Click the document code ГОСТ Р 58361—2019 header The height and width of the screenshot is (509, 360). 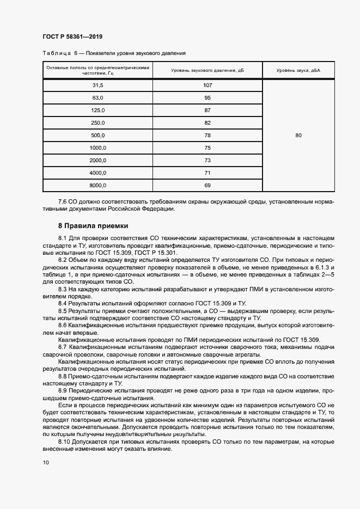tap(72, 36)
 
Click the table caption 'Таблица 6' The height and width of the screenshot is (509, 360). tap(58, 53)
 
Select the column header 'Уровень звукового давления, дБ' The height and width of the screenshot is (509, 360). tap(207, 71)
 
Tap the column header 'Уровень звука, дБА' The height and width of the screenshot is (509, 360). tap(298, 71)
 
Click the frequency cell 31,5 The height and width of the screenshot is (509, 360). tap(98, 85)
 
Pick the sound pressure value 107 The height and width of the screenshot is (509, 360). tap(207, 85)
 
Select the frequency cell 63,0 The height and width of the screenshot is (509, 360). tap(98, 98)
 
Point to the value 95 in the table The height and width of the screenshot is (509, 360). tap(207, 98)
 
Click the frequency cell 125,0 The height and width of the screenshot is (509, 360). tap(98, 111)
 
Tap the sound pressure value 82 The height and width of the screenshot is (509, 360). tap(207, 123)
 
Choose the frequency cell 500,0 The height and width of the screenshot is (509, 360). tap(98, 136)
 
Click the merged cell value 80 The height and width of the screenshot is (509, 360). tap(298, 136)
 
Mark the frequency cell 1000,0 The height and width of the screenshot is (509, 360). tap(98, 148)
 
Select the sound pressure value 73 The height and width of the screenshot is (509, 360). tap(207, 161)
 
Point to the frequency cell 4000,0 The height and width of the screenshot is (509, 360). tap(98, 173)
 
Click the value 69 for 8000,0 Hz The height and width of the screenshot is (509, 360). tap(207, 186)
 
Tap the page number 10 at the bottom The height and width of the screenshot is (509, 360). tap(46, 463)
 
